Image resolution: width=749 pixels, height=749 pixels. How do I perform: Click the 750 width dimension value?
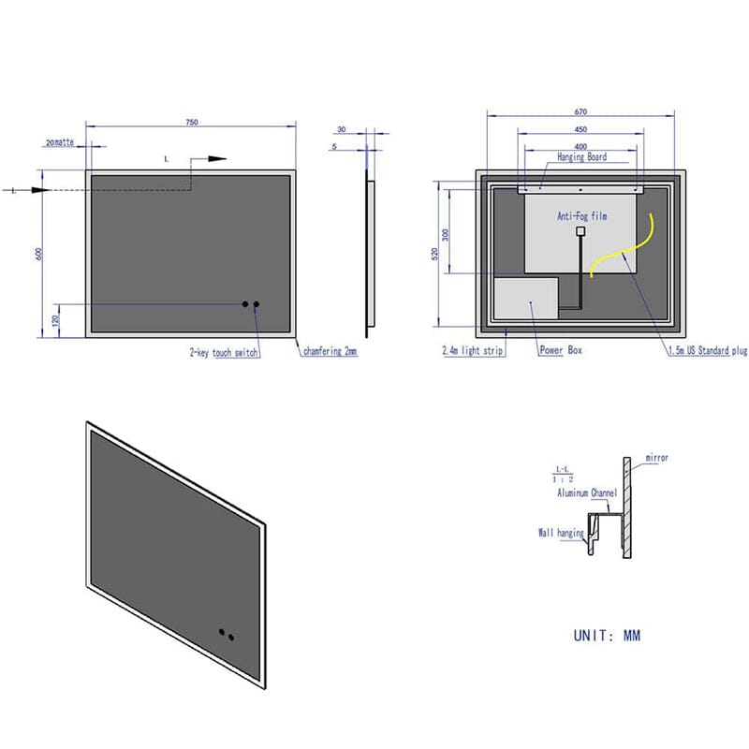191,122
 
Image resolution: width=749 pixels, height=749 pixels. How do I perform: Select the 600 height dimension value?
40,253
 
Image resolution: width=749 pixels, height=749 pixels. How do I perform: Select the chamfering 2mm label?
330,352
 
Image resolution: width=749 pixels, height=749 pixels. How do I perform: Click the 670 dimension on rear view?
580,113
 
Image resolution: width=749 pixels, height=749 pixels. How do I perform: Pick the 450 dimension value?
580,130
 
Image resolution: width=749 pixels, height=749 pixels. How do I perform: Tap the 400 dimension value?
580,146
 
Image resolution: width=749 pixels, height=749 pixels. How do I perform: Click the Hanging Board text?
582,159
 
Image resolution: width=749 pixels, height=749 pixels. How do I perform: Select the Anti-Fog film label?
582,215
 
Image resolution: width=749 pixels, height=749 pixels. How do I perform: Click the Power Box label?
561,351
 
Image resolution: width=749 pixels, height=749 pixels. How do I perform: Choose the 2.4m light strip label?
474,351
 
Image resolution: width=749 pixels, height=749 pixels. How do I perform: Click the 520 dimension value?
433,254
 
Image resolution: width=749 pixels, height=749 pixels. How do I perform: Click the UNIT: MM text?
607,636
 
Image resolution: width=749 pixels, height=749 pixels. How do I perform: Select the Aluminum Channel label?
587,492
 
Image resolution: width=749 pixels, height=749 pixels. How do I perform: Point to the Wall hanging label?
560,533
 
